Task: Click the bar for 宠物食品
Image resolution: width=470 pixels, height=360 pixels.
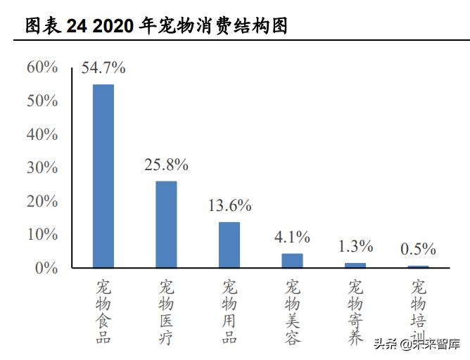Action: (103, 176)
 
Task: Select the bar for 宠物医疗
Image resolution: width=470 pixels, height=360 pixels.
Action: (166, 224)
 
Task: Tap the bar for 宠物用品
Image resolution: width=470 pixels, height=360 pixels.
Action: (229, 245)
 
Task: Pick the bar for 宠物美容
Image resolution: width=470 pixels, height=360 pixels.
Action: (292, 260)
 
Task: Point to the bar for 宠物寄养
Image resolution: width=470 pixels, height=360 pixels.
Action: (355, 265)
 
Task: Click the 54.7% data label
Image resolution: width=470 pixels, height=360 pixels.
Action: (103, 68)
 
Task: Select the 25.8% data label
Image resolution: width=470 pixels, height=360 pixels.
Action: (166, 165)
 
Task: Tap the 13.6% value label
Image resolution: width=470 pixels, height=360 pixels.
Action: (229, 206)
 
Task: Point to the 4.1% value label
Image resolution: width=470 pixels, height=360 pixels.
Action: (292, 237)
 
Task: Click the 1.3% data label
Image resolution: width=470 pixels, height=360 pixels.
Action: (355, 246)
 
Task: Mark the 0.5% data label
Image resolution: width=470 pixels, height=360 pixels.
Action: (418, 249)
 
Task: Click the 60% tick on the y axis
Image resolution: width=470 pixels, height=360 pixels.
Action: (42, 67)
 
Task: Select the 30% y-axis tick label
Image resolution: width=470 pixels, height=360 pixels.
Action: (42, 168)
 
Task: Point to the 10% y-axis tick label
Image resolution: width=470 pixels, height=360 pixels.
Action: (42, 235)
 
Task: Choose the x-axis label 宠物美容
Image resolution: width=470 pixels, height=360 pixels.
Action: (293, 312)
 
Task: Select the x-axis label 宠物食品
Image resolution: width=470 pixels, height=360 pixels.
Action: (103, 312)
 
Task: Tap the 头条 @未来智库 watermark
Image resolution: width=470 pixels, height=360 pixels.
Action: (417, 345)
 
